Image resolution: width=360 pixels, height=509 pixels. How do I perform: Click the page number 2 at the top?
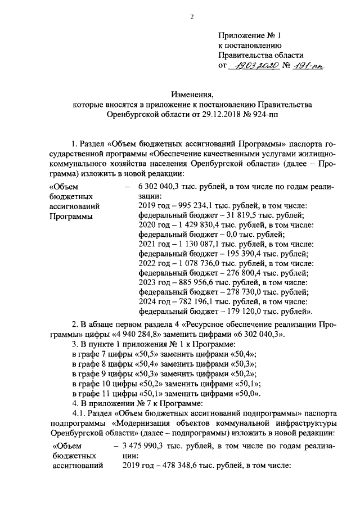tap(191, 16)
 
